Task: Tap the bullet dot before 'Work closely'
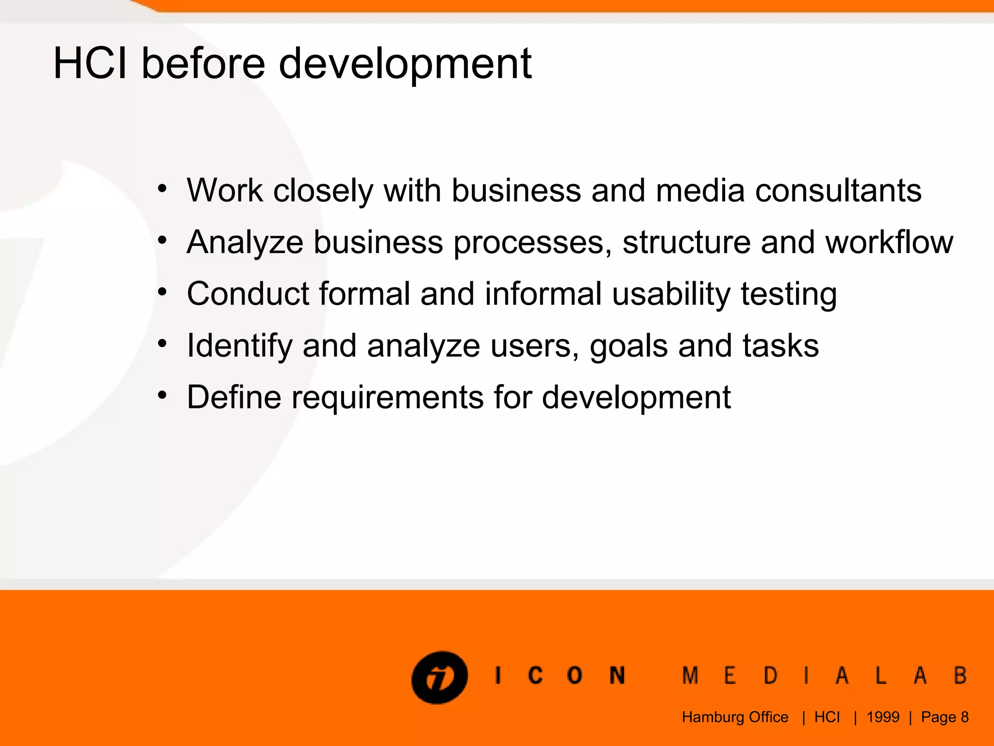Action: point(162,188)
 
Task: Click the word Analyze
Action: point(245,242)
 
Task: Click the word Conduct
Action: point(248,294)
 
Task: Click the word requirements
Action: point(388,398)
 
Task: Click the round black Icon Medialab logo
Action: point(439,677)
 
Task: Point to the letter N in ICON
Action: point(617,676)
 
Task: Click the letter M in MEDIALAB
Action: point(690,676)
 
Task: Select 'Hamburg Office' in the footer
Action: point(735,717)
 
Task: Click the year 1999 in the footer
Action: point(883,717)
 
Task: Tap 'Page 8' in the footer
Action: point(944,717)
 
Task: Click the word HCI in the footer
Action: point(827,717)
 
